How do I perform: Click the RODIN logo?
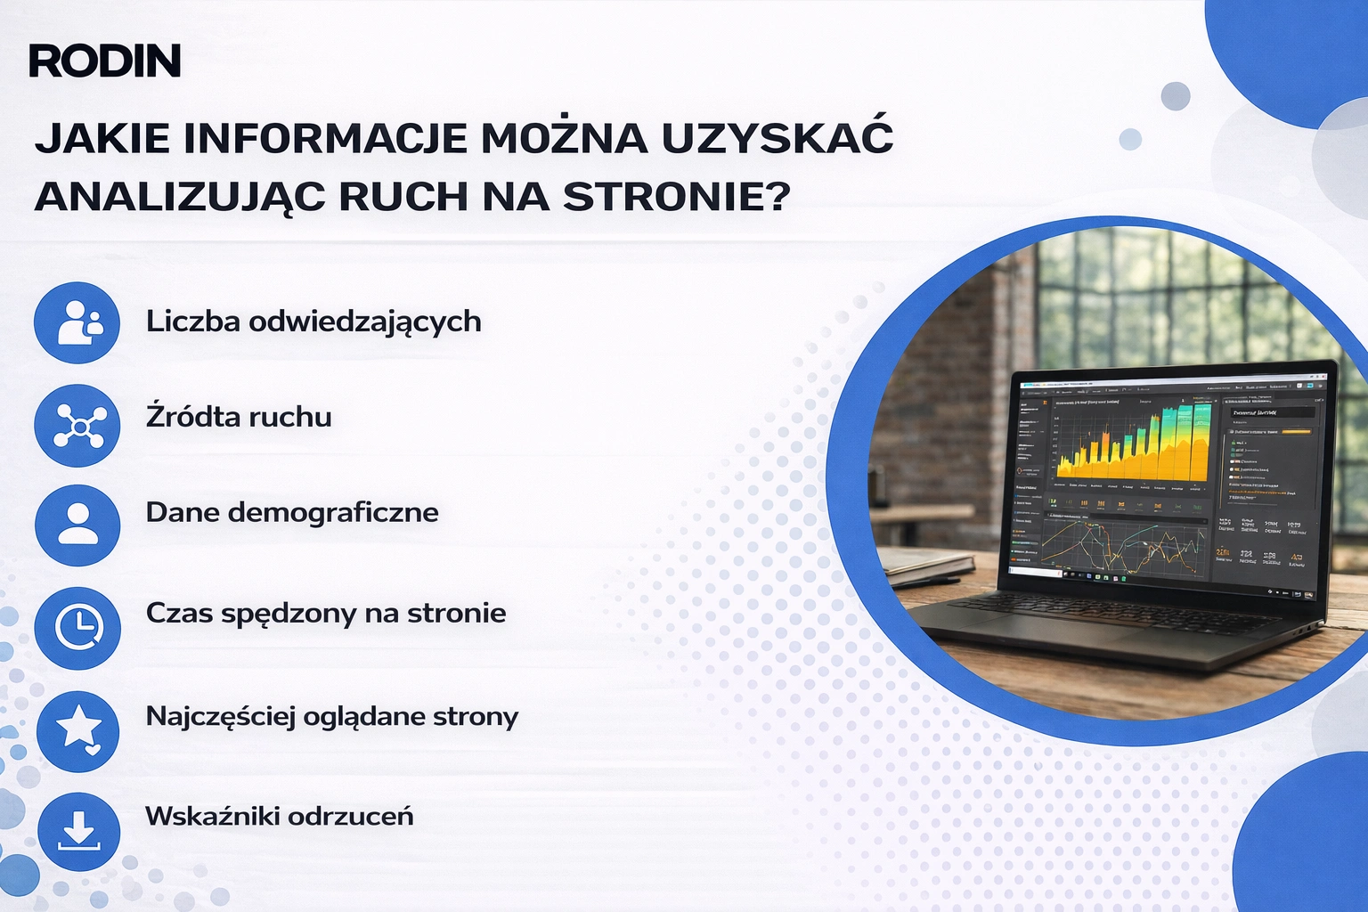[105, 61]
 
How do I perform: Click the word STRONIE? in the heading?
[677, 197]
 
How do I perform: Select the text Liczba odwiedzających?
[313, 322]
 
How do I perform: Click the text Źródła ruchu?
[239, 417]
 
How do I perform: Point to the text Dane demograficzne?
[292, 512]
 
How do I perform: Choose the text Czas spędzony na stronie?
[326, 614]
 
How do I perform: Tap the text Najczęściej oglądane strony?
[331, 717]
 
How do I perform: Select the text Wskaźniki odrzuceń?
[280, 816]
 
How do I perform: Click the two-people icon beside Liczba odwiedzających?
[77, 323]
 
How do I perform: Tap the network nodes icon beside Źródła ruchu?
[77, 426]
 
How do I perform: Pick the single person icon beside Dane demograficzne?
[77, 525]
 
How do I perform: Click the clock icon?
[77, 628]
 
